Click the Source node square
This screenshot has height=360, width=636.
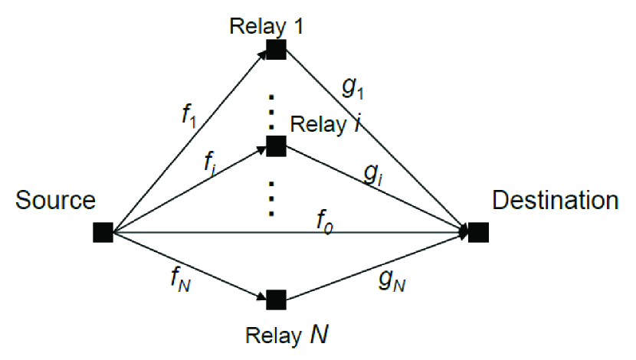(103, 231)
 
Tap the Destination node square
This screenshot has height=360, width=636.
(479, 231)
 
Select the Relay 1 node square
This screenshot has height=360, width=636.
(276, 51)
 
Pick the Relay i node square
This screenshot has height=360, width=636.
(276, 145)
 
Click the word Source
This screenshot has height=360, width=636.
(54, 201)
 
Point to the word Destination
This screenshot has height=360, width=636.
(556, 201)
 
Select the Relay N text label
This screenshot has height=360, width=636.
(288, 335)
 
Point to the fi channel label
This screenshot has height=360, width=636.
(211, 162)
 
